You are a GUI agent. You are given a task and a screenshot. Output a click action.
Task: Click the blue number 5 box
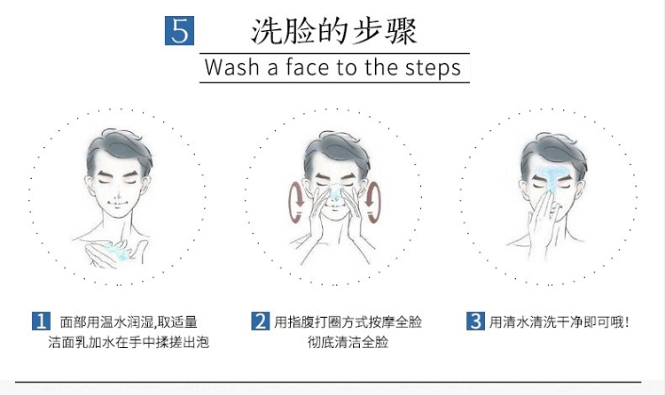[x=179, y=30]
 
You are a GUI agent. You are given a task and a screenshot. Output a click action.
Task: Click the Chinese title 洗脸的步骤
[x=334, y=31]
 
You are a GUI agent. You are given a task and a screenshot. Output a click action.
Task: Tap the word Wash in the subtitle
[x=231, y=67]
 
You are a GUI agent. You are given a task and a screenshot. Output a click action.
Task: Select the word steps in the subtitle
[x=433, y=68]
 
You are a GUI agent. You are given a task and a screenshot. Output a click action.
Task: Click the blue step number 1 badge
[x=41, y=321]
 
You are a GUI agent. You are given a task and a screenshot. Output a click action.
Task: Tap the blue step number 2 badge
[x=260, y=321]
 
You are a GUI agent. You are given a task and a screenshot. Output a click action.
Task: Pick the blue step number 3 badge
[x=475, y=321]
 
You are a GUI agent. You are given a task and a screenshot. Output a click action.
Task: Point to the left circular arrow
[x=293, y=202]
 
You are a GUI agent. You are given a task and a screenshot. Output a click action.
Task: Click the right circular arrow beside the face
[x=377, y=202]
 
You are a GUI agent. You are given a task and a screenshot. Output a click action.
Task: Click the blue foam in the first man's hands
[x=117, y=251]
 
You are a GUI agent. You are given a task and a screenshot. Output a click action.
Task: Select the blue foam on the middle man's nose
[x=335, y=191]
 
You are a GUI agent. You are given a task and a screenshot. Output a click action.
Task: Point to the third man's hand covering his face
[x=545, y=223]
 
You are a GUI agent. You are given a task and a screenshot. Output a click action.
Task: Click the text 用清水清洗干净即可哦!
[x=559, y=322]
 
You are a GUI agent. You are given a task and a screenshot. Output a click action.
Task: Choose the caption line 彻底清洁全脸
[x=348, y=342]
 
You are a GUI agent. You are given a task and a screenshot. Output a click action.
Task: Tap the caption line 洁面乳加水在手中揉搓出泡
[x=129, y=342]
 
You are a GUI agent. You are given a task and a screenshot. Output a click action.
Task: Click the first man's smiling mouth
[x=117, y=203]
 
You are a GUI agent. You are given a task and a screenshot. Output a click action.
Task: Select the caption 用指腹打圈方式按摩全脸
[x=348, y=322]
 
